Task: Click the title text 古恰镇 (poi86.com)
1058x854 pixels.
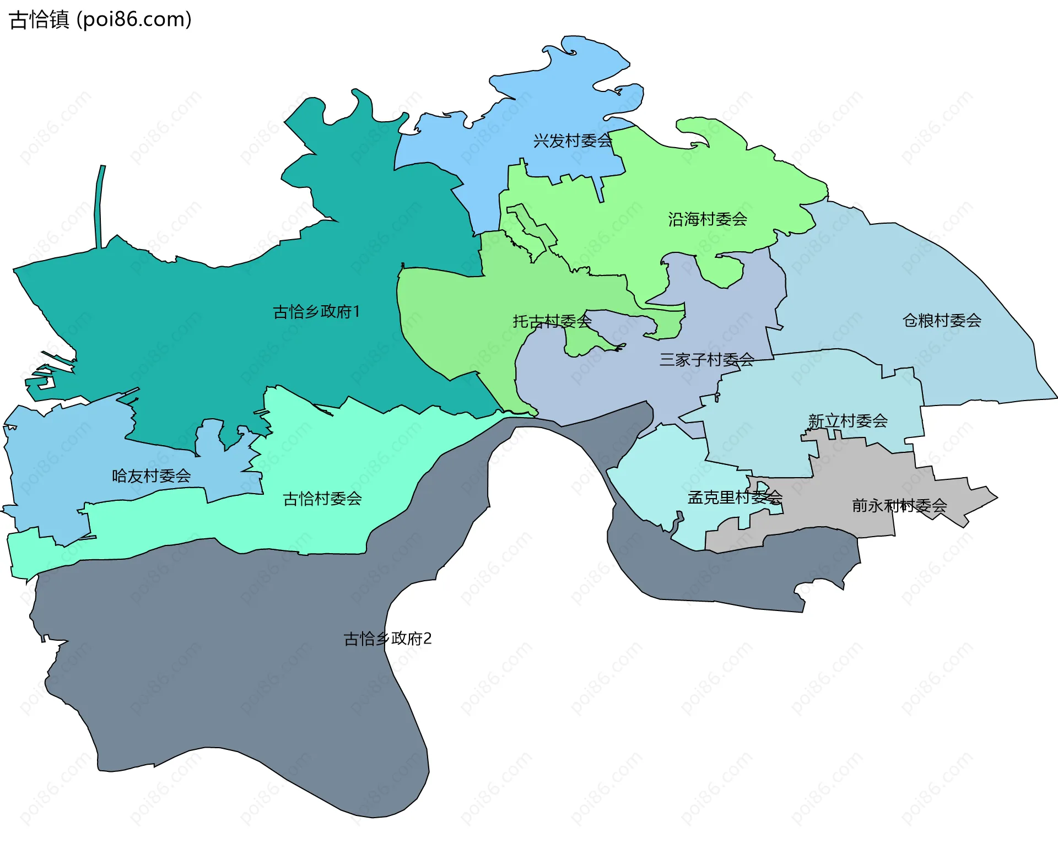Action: [x=101, y=19]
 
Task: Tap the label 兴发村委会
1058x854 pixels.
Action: [x=573, y=141]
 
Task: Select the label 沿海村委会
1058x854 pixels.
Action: [x=708, y=219]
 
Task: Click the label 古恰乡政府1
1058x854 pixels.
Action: [x=316, y=312]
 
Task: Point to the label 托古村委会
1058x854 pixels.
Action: [x=552, y=321]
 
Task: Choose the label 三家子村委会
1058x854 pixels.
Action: [x=706, y=360]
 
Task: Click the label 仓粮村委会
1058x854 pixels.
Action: [x=942, y=320]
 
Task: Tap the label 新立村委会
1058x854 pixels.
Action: [x=848, y=421]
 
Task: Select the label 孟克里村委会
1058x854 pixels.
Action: [x=735, y=498]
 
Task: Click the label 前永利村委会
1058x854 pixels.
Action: [x=899, y=505]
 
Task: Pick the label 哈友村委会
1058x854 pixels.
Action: [x=151, y=475]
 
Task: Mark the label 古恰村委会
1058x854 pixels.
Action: [x=322, y=499]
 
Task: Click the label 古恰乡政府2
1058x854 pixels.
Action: [x=387, y=639]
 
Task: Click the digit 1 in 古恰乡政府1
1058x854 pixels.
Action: [x=356, y=312]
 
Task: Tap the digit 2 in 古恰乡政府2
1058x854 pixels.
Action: [x=428, y=639]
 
